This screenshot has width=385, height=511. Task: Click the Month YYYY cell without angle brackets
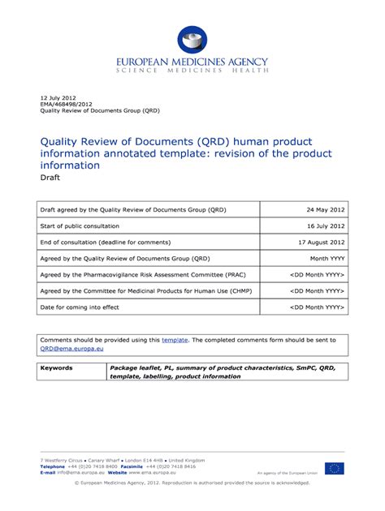tap(328, 259)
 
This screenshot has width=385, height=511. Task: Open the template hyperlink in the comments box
tap(175, 340)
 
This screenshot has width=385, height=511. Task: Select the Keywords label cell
tap(57, 367)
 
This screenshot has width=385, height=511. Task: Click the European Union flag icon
tap(334, 468)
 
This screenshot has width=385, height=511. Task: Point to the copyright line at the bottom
tap(192, 483)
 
